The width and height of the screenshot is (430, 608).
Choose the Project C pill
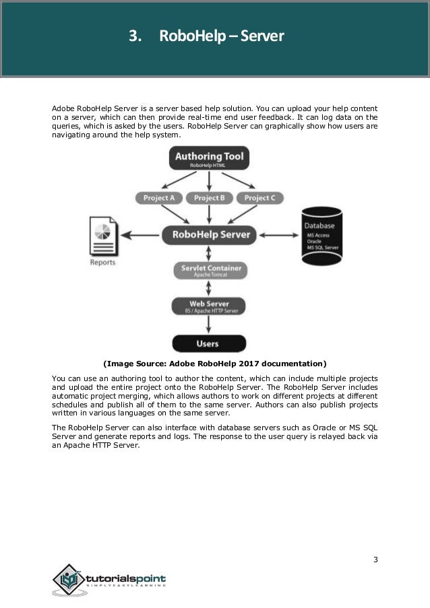[x=259, y=198]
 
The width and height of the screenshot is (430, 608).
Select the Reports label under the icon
[x=102, y=263]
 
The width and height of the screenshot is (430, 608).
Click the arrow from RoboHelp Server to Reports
[x=142, y=235]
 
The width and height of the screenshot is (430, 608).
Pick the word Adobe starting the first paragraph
[x=63, y=108]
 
